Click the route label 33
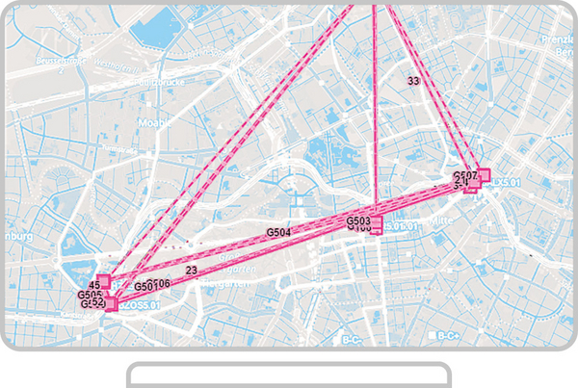pyautogui.click(x=413, y=82)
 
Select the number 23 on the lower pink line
pyautogui.click(x=192, y=272)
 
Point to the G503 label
pyautogui.click(x=358, y=221)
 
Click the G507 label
pyautogui.click(x=465, y=175)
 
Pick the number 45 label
pyautogui.click(x=94, y=286)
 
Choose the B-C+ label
pyautogui.click(x=445, y=337)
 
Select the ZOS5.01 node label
pyautogui.click(x=137, y=304)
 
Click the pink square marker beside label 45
pyautogui.click(x=105, y=281)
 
